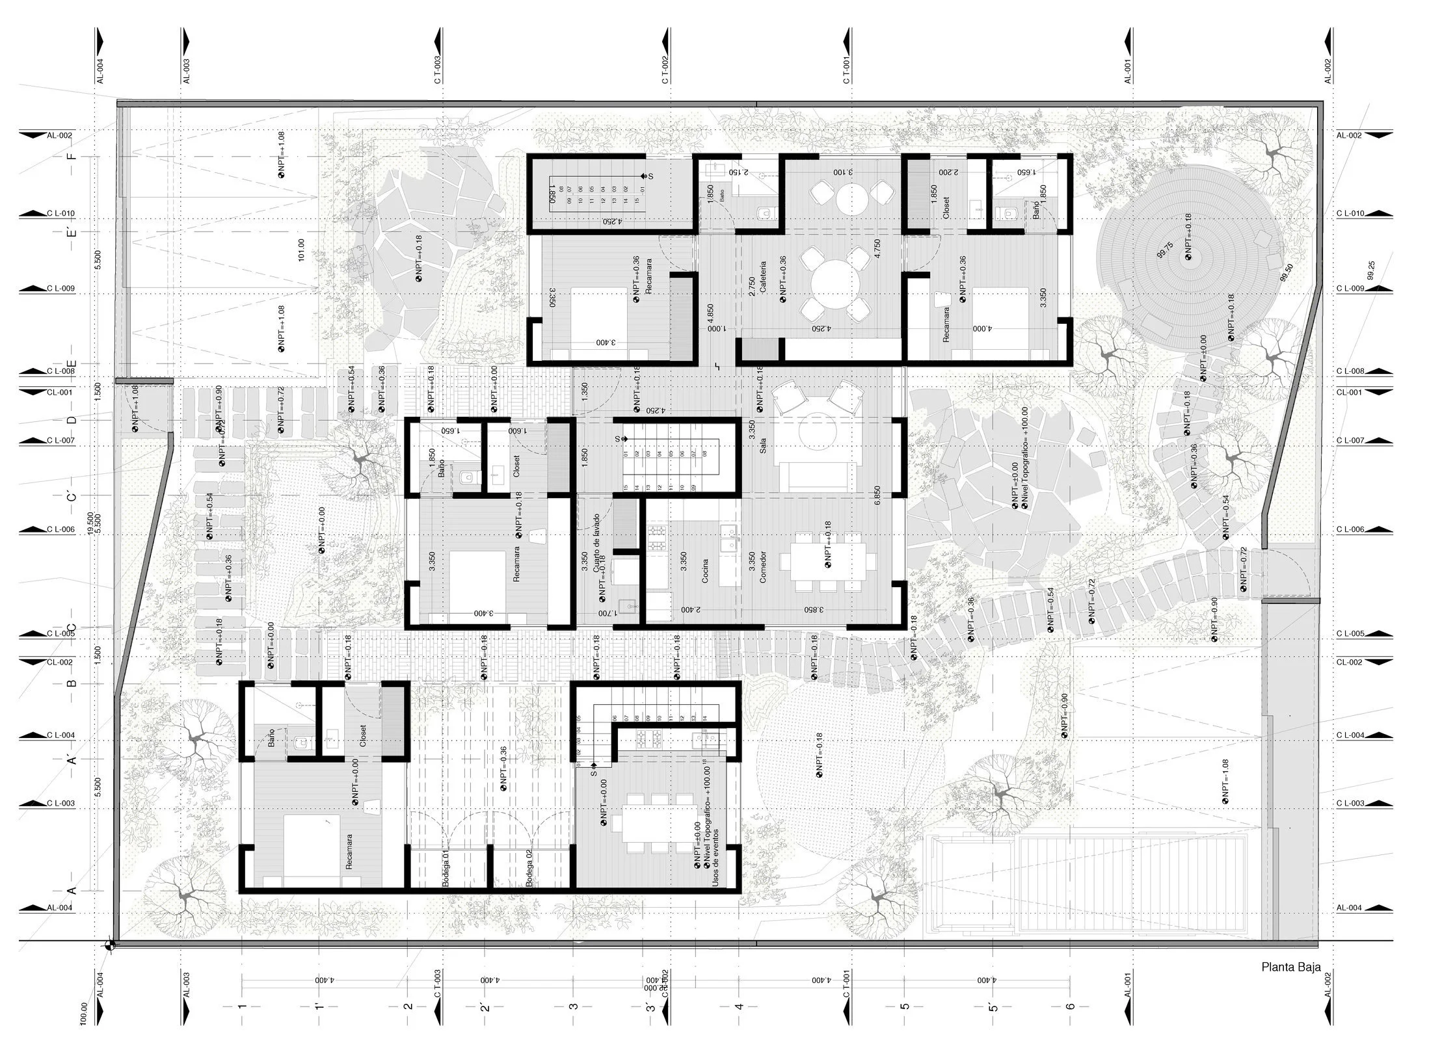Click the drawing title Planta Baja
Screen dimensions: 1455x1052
[1290, 985]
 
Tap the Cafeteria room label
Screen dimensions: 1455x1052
[762, 276]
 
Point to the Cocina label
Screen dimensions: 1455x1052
[704, 570]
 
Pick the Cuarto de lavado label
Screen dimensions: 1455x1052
[596, 542]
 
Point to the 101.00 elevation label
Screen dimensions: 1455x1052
[300, 250]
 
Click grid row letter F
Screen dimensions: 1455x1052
[72, 156]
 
